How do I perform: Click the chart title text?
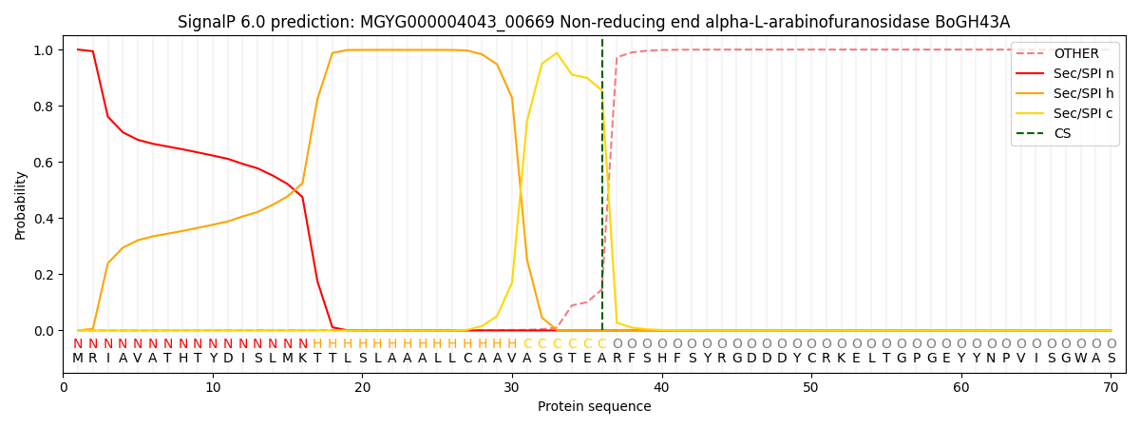point(594,22)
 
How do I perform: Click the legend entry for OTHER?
point(1075,54)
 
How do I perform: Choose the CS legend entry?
point(1062,134)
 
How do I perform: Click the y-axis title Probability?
point(21,204)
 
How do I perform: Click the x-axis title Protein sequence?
point(594,407)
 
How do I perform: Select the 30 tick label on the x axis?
point(512,387)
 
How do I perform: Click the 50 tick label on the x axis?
point(810,387)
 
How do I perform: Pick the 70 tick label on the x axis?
point(1111,387)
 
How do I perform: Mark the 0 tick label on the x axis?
point(64,387)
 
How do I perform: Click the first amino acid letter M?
point(78,359)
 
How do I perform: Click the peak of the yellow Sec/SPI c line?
point(557,53)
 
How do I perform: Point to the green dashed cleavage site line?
point(602,190)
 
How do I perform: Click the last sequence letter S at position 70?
point(1111,359)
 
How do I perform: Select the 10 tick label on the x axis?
point(213,387)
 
